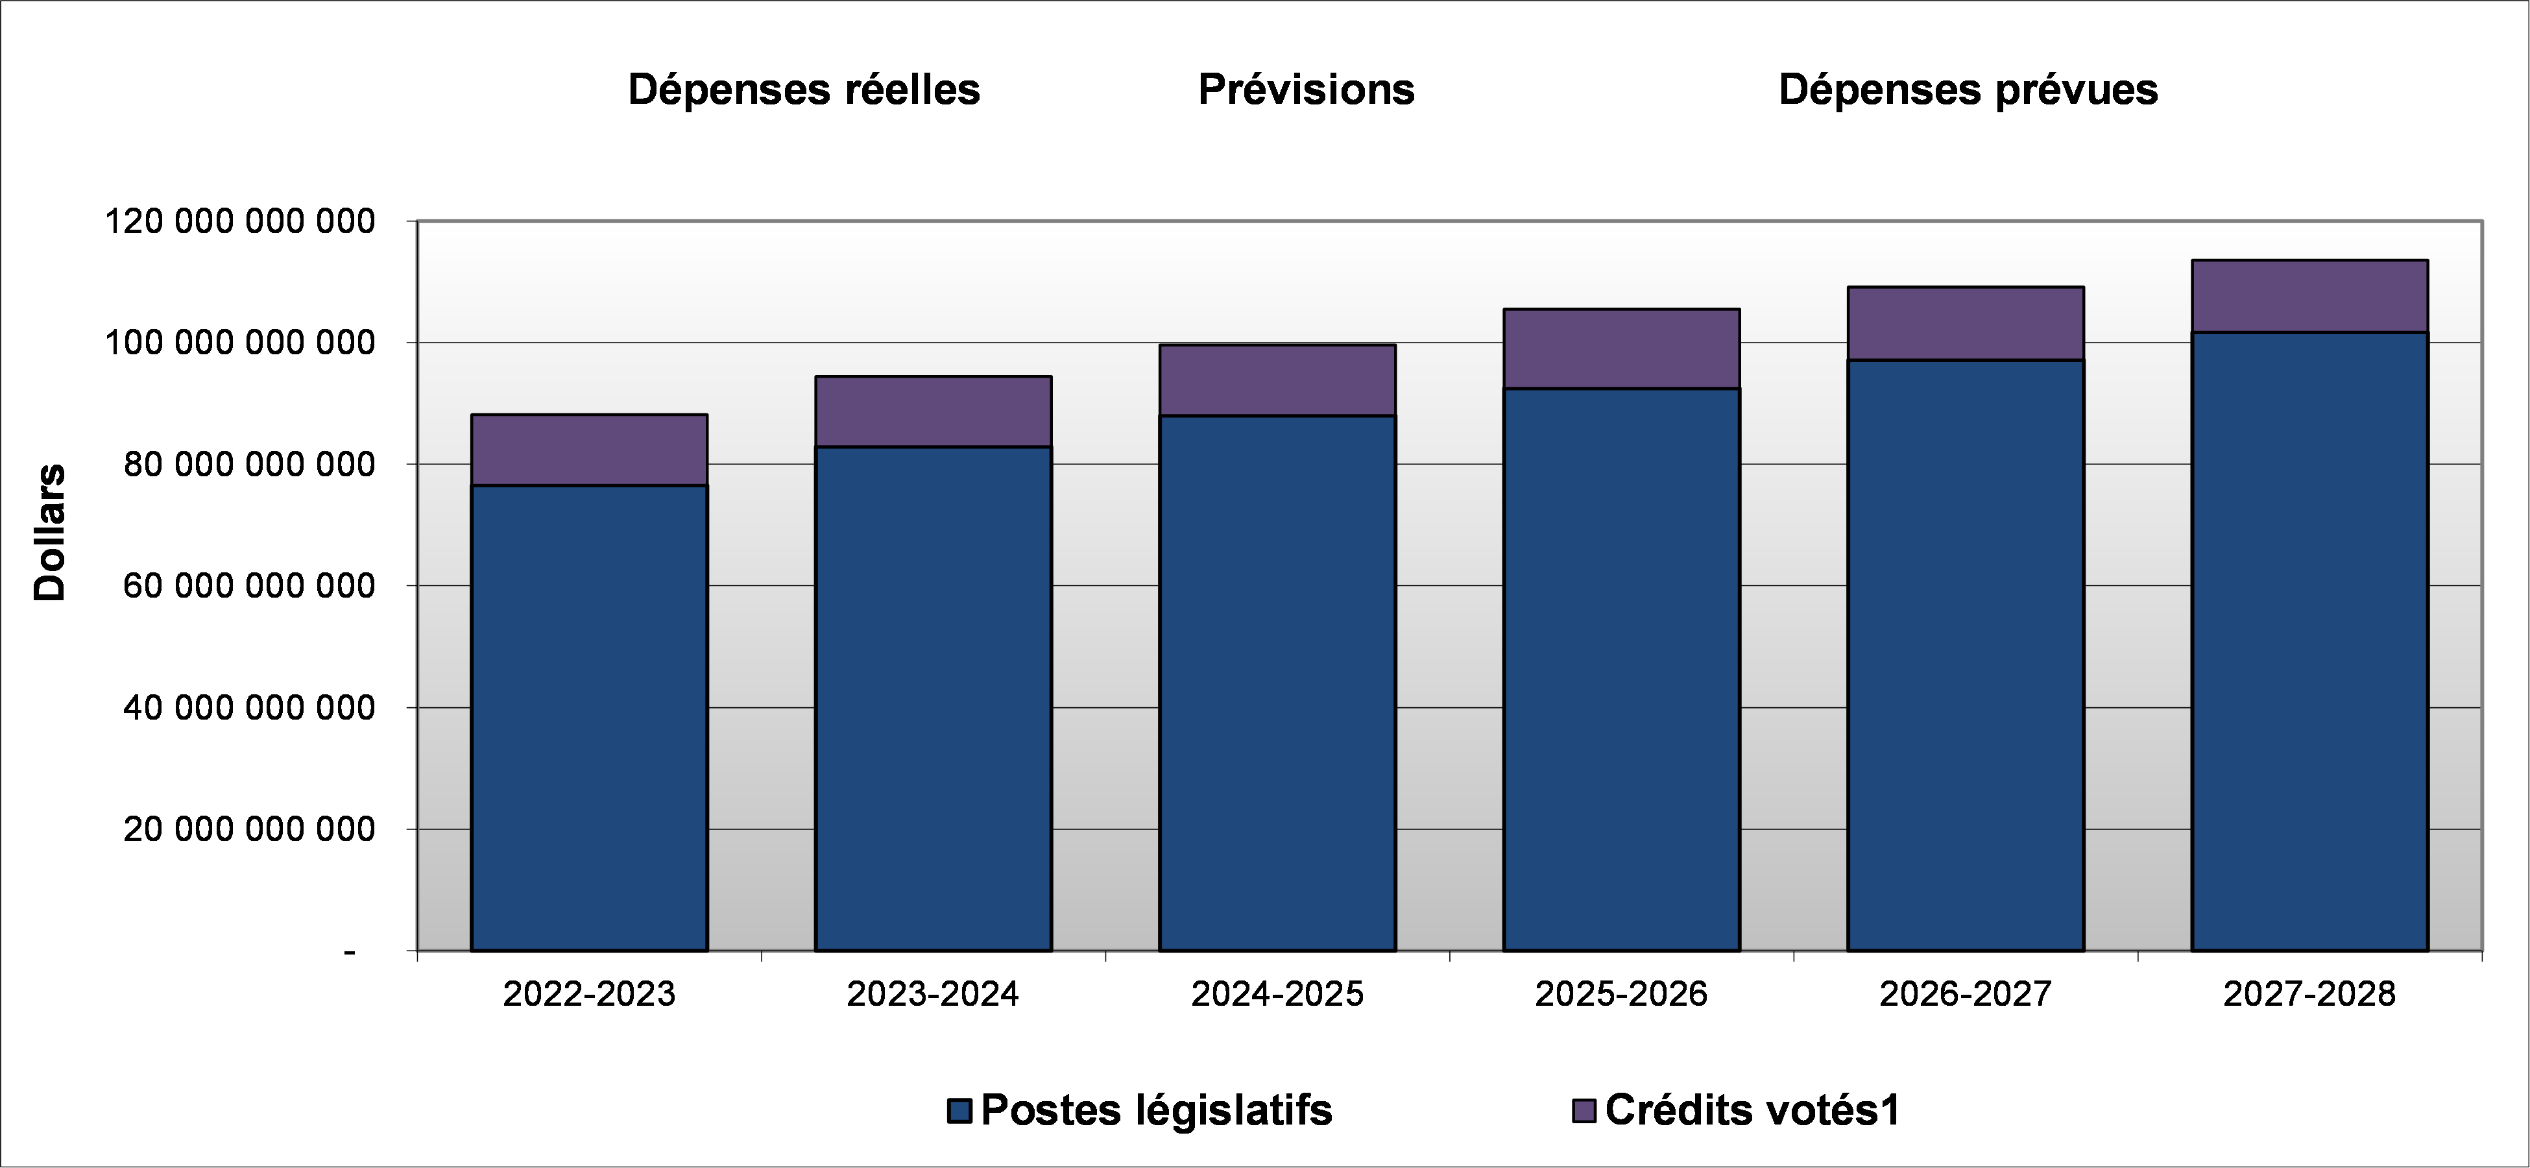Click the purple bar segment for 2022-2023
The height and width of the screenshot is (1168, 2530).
[x=589, y=450]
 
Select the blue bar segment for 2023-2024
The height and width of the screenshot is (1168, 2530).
[x=933, y=698]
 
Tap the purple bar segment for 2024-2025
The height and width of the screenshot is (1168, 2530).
[x=1277, y=380]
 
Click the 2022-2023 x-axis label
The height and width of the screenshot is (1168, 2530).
[x=589, y=994]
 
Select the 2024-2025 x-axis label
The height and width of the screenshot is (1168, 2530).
[x=1277, y=994]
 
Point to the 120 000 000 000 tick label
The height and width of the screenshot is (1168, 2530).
[x=239, y=222]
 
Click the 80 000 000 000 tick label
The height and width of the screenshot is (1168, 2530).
[x=250, y=465]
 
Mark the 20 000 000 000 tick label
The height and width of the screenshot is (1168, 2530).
[x=250, y=830]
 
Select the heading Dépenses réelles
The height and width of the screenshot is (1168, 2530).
[x=803, y=90]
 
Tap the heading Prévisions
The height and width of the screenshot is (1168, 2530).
[x=1307, y=90]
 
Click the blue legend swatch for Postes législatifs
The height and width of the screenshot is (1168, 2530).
[x=959, y=1111]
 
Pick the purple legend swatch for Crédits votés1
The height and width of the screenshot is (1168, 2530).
[x=1584, y=1111]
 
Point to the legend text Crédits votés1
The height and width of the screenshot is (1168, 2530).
[x=1753, y=1111]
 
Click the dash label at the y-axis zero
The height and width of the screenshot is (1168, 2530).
[x=350, y=951]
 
